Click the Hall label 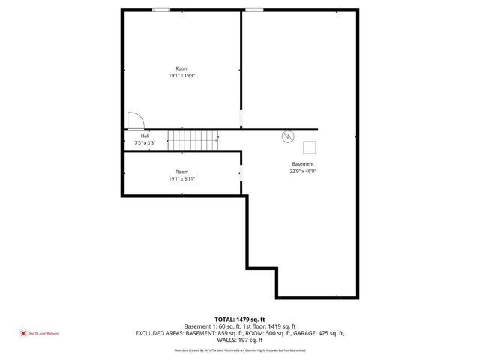tap(145, 136)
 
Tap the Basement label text tap(303, 164)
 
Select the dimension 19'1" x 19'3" tap(182, 76)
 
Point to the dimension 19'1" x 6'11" tap(182, 179)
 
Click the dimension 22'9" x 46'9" tap(303, 171)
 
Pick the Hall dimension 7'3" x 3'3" tap(145, 142)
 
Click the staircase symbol tap(193, 139)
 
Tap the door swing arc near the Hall tap(136, 120)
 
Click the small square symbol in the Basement tap(310, 147)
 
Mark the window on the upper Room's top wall tap(160, 10)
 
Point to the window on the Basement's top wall tap(254, 10)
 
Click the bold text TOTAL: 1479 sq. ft tap(240, 319)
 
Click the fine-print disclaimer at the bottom tap(240, 350)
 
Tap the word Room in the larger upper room tap(182, 68)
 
